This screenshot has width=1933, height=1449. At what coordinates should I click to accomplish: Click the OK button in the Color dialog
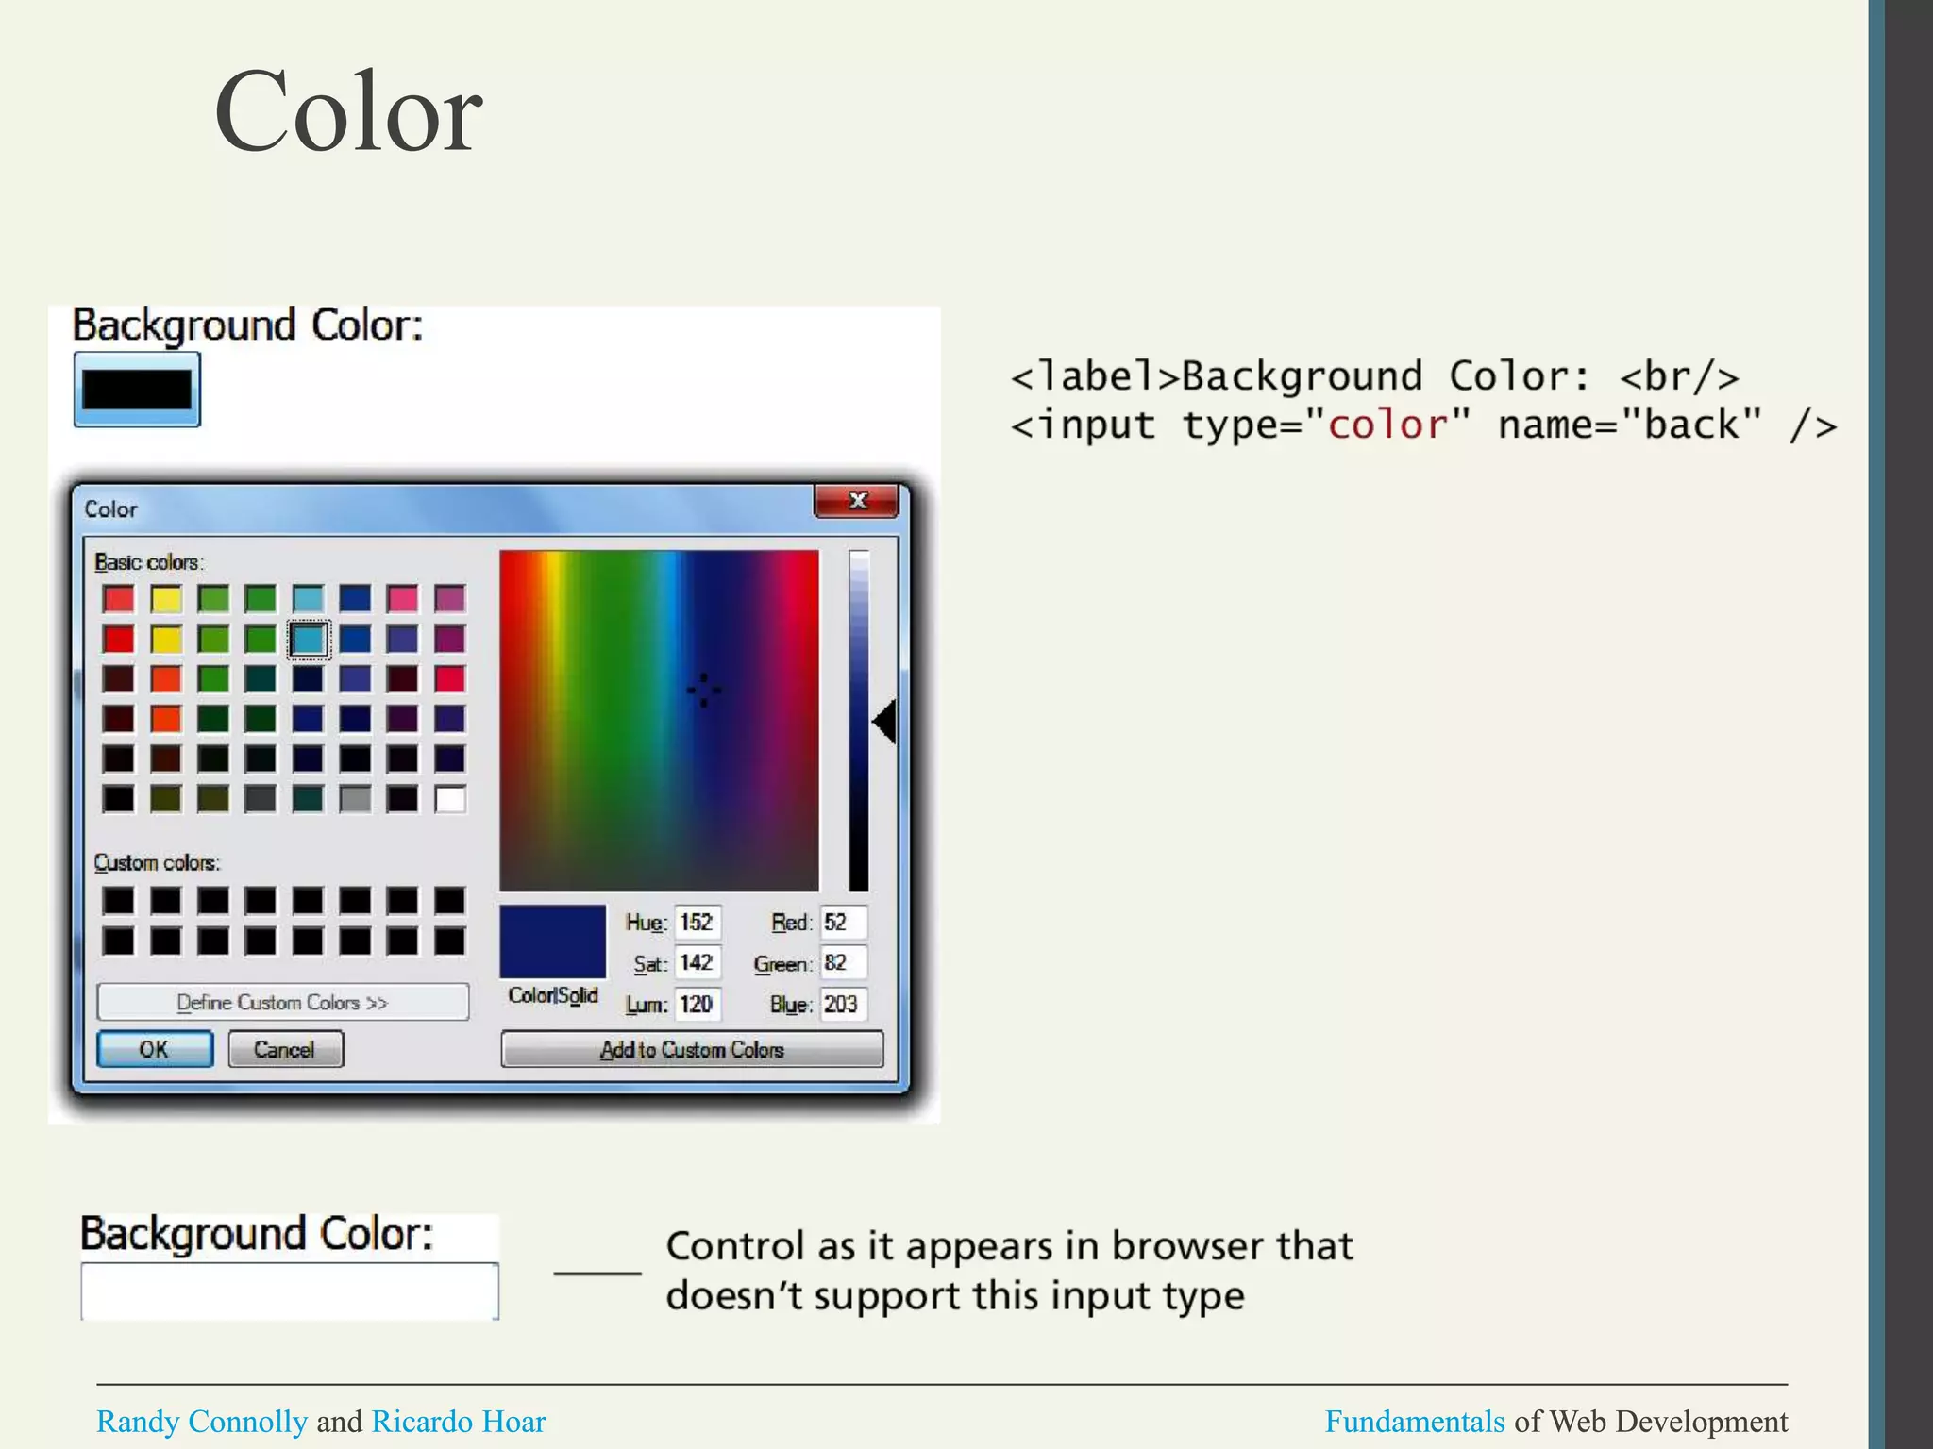point(155,1049)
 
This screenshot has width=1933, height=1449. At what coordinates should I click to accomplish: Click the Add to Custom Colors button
point(692,1049)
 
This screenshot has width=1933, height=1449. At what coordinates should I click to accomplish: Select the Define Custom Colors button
point(282,1002)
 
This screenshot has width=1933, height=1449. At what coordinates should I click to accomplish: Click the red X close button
point(856,501)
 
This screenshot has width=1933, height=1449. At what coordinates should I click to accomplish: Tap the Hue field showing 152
point(698,922)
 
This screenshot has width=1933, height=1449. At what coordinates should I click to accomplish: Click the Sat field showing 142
point(698,962)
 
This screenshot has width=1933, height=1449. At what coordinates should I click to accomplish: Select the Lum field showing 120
point(698,1004)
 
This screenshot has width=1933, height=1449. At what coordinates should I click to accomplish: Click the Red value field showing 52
point(843,922)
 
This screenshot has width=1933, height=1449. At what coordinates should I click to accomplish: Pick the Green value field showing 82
point(843,962)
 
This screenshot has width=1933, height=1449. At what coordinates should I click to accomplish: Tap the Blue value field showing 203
point(843,1004)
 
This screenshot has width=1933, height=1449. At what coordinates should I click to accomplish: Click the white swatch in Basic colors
point(450,800)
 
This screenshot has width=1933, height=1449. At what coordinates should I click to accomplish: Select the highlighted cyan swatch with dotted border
point(309,639)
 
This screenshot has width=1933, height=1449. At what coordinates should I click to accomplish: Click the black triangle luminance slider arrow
point(884,722)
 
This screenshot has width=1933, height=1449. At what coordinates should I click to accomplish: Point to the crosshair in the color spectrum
point(703,691)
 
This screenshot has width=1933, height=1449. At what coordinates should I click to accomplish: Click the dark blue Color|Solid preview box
point(552,941)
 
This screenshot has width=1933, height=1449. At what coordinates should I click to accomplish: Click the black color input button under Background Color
point(137,390)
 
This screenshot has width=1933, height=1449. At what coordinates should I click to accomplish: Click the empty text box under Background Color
point(289,1291)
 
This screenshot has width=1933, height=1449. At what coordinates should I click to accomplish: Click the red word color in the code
point(1387,425)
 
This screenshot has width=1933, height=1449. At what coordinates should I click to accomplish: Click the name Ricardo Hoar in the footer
point(459,1422)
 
